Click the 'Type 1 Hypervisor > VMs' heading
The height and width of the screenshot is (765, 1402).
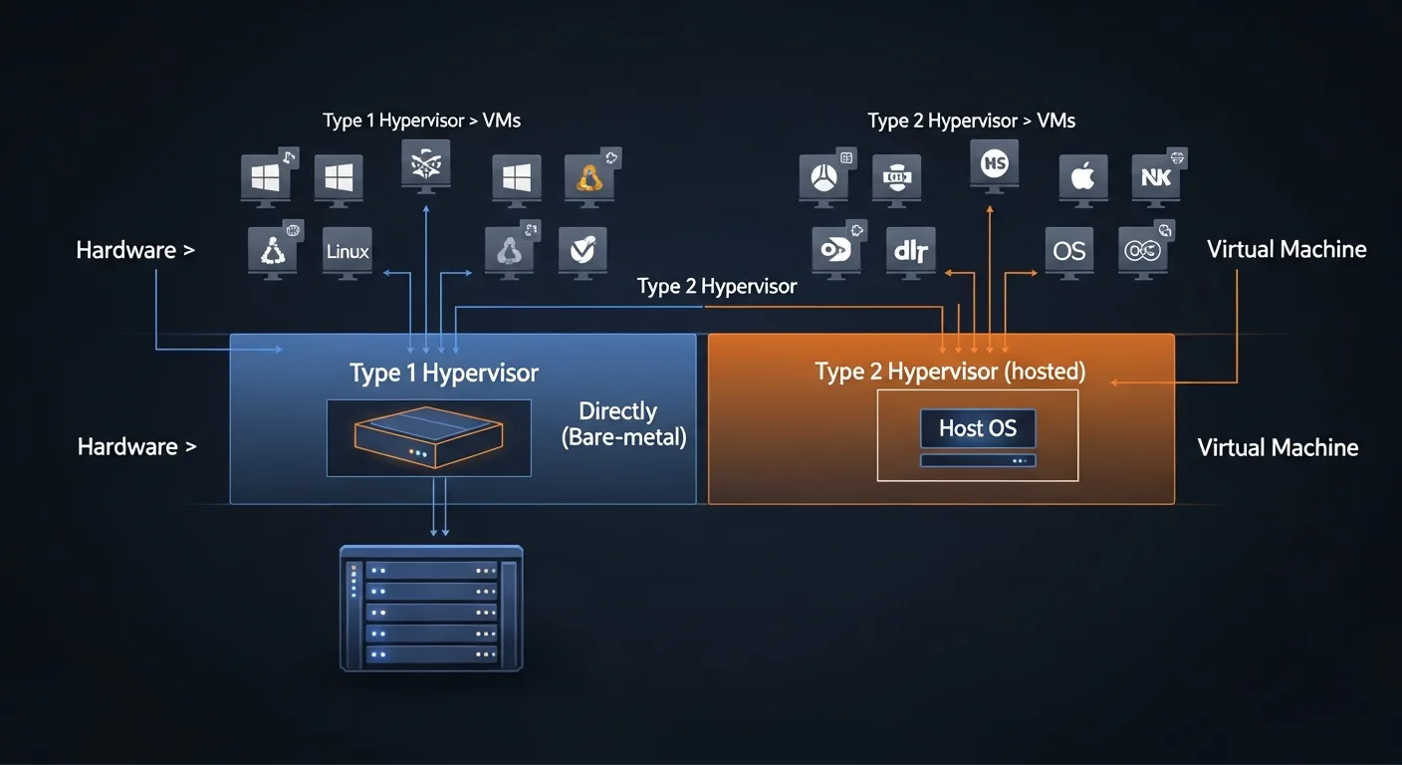421,121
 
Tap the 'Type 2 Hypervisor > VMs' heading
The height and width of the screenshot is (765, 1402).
971,121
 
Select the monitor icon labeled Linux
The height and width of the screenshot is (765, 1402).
348,251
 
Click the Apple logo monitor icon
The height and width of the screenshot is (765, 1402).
1082,178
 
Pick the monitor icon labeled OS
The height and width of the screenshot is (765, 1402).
1068,250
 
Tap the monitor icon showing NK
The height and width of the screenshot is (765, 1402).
1155,178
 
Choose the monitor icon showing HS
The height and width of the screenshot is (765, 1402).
994,162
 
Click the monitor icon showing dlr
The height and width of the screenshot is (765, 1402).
910,251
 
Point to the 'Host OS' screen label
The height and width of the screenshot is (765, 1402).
978,429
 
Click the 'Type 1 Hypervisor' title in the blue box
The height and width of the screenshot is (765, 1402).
444,374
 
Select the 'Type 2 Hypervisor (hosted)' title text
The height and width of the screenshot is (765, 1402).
950,373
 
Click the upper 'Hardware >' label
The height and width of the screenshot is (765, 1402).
135,250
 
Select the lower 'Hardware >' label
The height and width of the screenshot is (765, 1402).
136,446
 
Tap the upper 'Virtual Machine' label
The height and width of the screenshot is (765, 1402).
1285,249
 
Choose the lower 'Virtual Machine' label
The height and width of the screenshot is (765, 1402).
1278,447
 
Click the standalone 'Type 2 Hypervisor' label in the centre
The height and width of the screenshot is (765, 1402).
717,287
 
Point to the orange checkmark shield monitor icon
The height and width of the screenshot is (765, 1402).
583,250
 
